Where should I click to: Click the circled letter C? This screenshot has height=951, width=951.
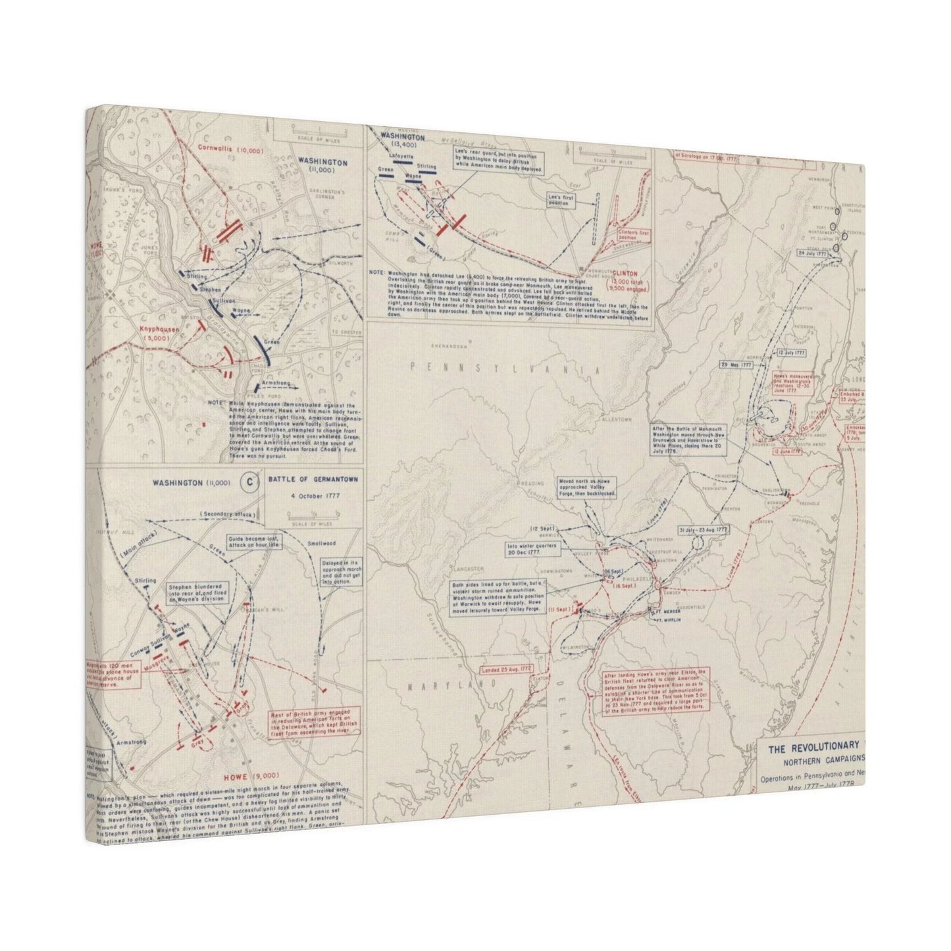249,482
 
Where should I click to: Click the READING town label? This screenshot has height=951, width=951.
533,482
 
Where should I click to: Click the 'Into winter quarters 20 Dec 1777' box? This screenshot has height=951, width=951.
531,550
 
